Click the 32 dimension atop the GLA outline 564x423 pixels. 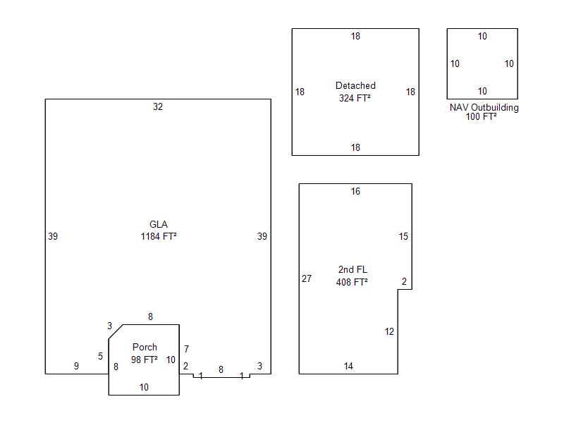158,107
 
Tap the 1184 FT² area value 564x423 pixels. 159,236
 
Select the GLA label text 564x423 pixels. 159,224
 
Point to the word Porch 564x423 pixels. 145,347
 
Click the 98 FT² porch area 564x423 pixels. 145,360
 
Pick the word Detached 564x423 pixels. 355,85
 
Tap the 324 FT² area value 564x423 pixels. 355,98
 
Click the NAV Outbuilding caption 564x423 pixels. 484,108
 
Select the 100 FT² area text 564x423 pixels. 482,116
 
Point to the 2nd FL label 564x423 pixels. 352,269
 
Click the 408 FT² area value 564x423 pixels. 352,282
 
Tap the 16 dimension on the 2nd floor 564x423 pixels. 355,191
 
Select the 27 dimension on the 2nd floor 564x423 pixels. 307,278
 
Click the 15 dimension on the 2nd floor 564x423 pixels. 403,236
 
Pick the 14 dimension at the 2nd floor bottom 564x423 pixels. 348,366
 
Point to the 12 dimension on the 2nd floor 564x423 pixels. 389,331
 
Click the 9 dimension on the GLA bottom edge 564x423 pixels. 76,366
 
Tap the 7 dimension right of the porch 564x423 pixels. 186,349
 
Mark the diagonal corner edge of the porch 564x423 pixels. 116,331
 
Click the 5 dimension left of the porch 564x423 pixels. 100,357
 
